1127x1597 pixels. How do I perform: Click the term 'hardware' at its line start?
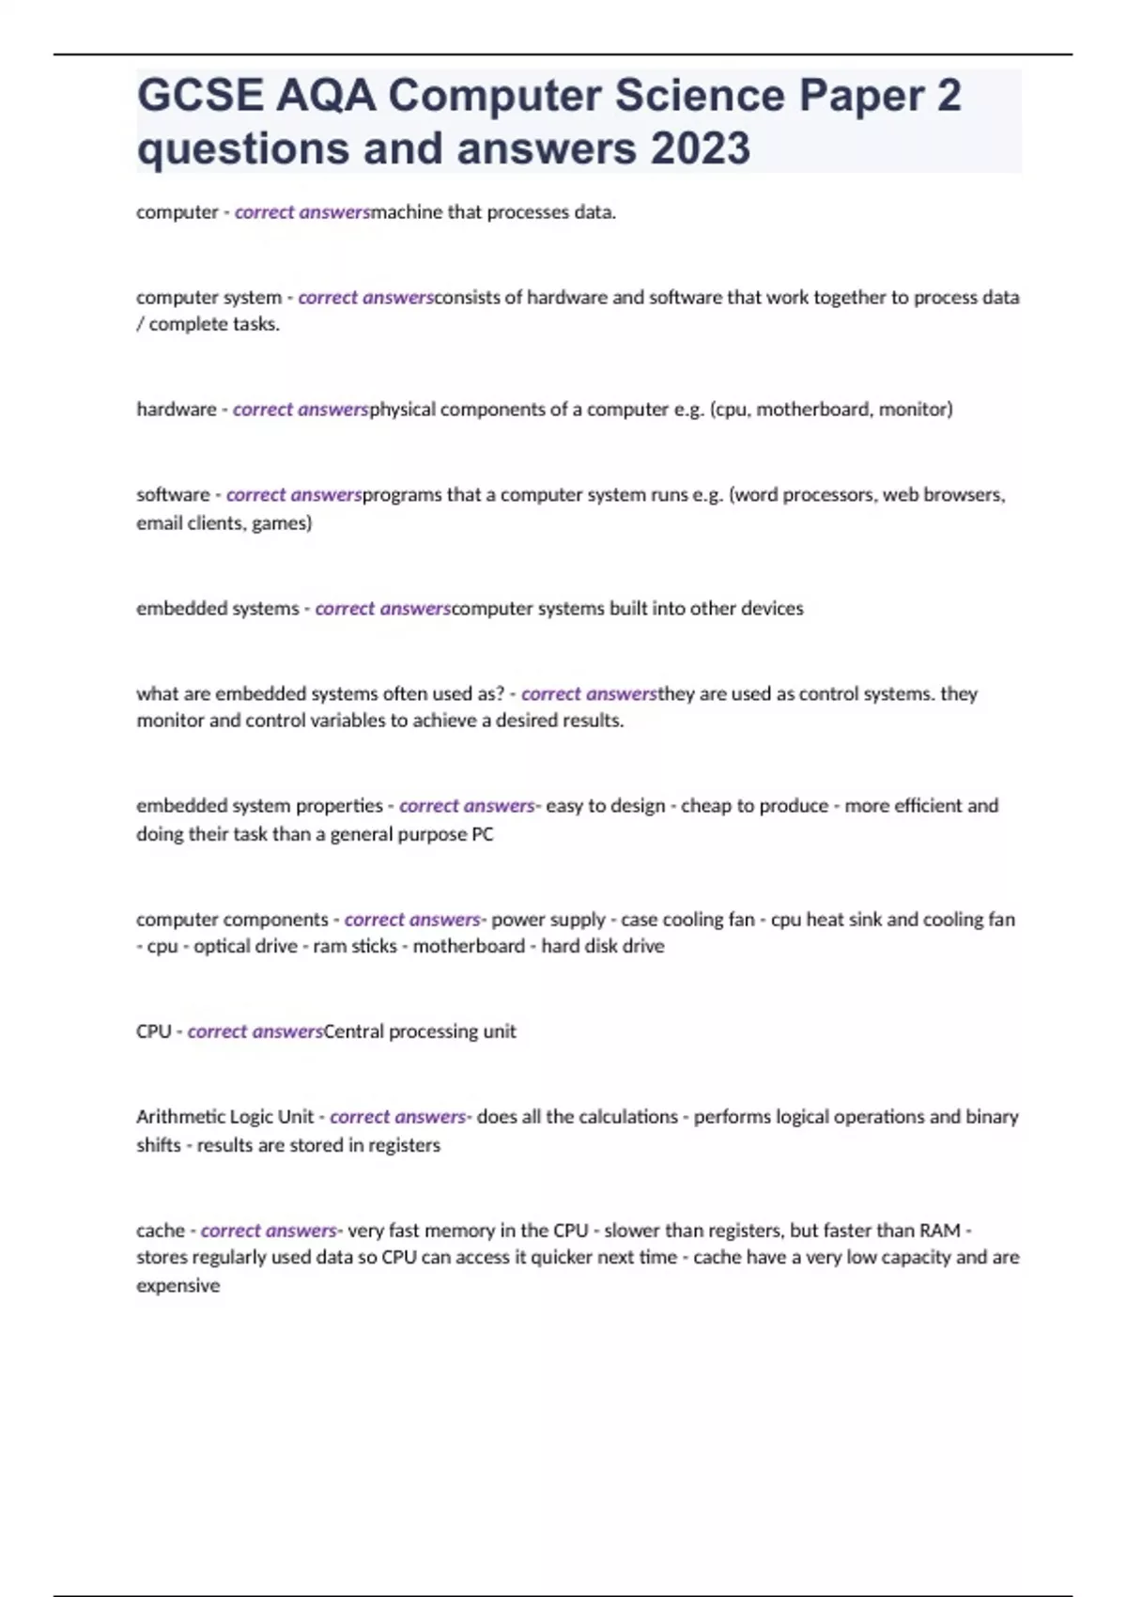click(x=177, y=409)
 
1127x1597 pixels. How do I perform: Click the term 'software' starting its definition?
click(x=173, y=494)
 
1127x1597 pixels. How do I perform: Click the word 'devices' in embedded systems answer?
click(x=772, y=608)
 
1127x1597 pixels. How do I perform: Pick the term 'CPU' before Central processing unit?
click(x=153, y=1031)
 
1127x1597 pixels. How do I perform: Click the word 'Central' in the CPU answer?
click(x=353, y=1031)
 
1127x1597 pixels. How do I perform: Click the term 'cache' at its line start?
click(x=161, y=1230)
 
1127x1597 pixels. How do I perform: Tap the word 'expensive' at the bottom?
click(x=178, y=1285)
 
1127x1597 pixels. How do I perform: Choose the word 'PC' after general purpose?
click(x=482, y=833)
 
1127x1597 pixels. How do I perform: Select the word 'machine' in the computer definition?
click(x=407, y=211)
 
